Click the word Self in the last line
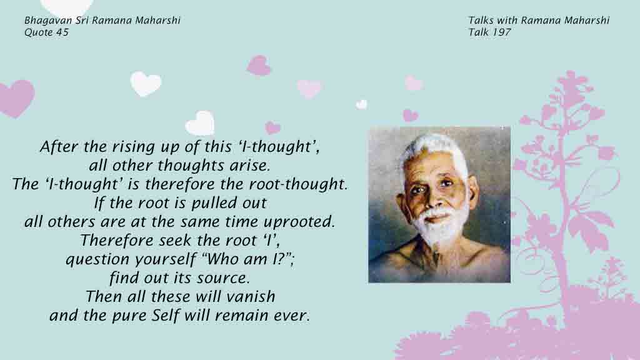[x=166, y=316]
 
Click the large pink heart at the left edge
[x=16, y=98]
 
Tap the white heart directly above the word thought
[x=200, y=123]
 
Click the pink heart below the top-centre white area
[x=259, y=65]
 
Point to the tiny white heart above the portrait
[x=361, y=104]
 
